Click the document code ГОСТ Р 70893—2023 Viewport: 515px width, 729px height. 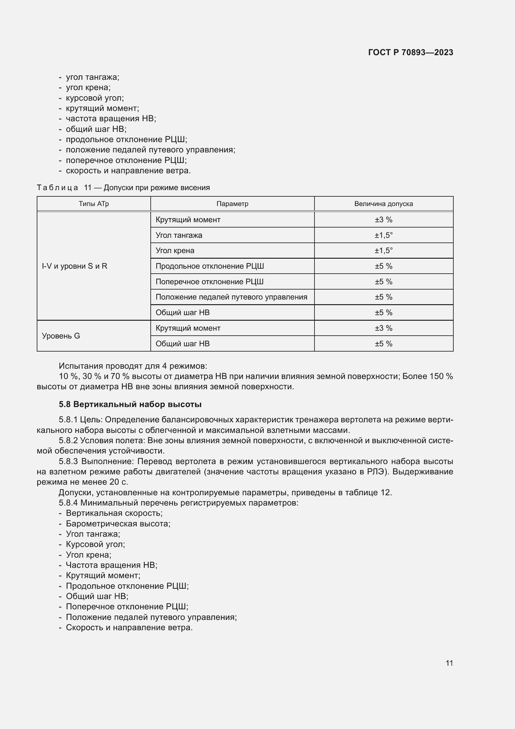[x=410, y=52]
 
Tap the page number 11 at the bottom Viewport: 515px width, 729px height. [x=449, y=663]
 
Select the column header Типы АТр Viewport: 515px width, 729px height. [x=93, y=204]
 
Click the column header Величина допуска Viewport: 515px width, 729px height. [x=383, y=204]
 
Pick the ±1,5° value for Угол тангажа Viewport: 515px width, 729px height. [x=383, y=235]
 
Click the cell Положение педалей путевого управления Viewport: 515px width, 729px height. [x=231, y=297]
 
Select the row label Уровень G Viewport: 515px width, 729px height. [x=61, y=336]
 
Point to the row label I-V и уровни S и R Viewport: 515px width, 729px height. [x=74, y=266]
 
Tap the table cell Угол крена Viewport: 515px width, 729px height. [x=175, y=251]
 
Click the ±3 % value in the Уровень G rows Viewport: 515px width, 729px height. [x=383, y=328]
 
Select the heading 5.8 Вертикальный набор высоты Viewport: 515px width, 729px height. [x=130, y=404]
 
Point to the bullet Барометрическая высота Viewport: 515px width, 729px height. [x=118, y=524]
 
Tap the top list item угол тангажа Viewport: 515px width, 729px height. [x=92, y=77]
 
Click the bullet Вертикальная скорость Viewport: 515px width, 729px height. [x=114, y=513]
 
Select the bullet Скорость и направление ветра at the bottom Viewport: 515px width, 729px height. [x=129, y=627]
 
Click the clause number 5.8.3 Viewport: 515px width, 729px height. [x=69, y=461]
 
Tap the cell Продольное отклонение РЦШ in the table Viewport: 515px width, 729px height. [x=210, y=266]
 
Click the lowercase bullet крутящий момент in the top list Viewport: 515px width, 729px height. [x=102, y=108]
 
